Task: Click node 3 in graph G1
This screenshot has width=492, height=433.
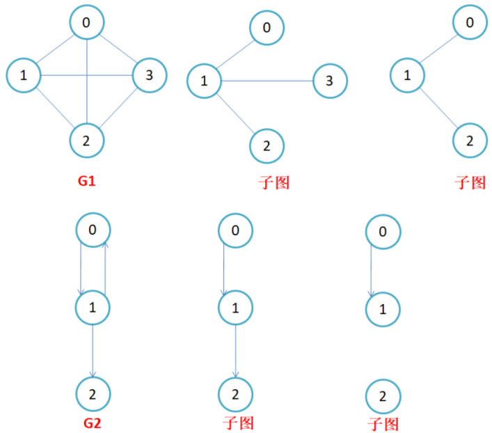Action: [150, 75]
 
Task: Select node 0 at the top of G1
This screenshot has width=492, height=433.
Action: [87, 23]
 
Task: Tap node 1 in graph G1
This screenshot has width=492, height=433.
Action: [24, 75]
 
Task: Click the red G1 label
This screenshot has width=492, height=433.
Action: [86, 182]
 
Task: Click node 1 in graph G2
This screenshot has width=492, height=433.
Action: [92, 307]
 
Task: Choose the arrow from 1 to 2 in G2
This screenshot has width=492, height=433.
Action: [93, 352]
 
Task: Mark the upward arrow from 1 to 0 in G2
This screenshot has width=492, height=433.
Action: [104, 268]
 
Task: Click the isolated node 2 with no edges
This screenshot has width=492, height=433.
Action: [383, 397]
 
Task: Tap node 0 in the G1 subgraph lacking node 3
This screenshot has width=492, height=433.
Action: [470, 23]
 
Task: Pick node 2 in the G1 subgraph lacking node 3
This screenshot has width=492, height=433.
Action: [470, 141]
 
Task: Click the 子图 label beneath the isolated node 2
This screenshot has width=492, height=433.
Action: [383, 423]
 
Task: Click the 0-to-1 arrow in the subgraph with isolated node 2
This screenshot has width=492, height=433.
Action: [371, 270]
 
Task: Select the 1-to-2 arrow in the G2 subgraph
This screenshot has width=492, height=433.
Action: [236, 352]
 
